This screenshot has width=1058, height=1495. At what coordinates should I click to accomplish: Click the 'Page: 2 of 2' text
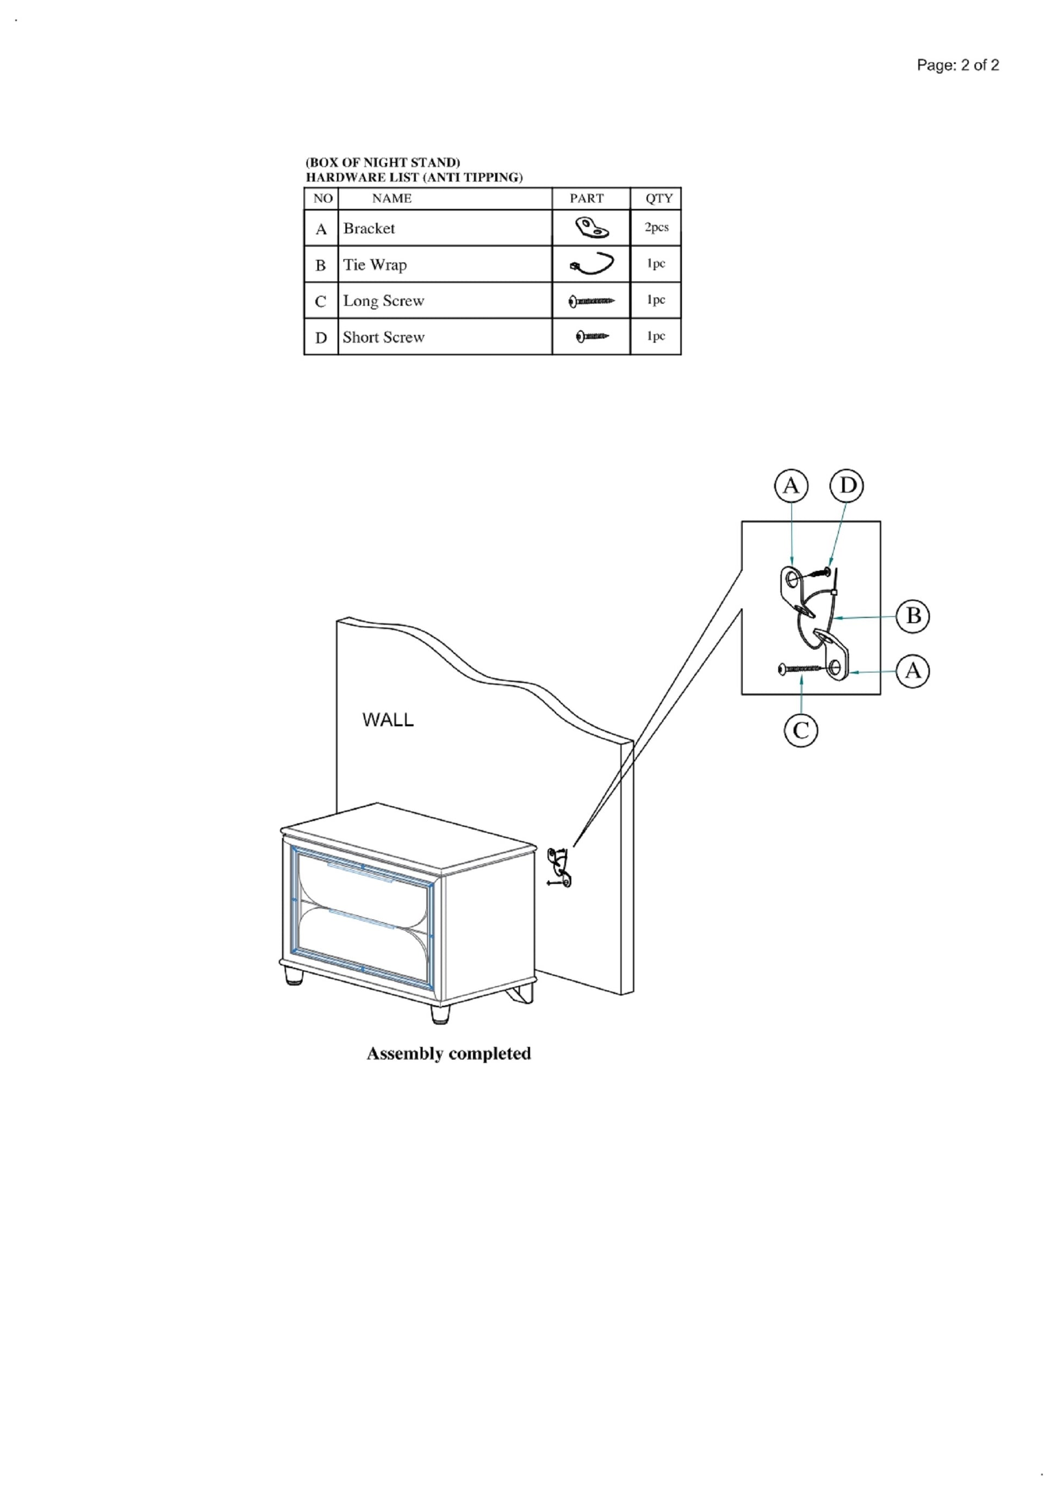[957, 65]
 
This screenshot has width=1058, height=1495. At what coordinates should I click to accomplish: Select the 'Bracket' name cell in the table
[445, 228]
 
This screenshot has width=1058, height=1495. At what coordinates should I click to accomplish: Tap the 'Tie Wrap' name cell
[445, 264]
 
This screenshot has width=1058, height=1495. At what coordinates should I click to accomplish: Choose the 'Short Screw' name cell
[445, 337]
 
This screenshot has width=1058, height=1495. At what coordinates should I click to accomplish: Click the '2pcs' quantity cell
[656, 227]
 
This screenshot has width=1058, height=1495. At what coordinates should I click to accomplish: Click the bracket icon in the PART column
[592, 228]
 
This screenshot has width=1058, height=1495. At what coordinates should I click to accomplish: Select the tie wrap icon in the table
[592, 263]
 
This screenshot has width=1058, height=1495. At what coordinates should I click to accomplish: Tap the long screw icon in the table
[592, 301]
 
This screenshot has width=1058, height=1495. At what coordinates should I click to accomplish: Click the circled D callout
[847, 486]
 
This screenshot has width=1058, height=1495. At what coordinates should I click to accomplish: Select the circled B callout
[913, 615]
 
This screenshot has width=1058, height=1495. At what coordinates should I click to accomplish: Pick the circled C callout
[801, 730]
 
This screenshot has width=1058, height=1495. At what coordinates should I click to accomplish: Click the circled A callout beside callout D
[791, 486]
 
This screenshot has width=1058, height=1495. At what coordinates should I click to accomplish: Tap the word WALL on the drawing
[388, 720]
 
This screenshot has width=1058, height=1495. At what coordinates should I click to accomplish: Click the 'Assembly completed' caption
[449, 1054]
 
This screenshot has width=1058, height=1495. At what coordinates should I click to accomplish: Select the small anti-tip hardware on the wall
[559, 868]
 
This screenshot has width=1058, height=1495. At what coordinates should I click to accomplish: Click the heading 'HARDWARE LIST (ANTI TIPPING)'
[414, 177]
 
